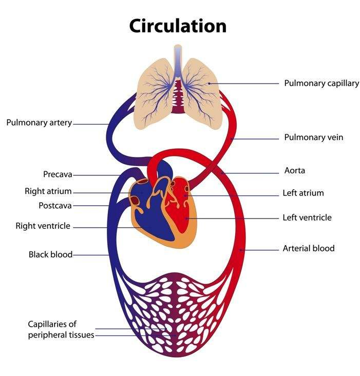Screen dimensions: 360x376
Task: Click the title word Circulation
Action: coord(178,26)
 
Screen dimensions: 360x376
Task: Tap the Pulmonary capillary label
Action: coord(321,84)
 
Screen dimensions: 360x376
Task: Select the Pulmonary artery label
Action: coord(39,123)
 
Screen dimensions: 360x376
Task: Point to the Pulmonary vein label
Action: coord(314,137)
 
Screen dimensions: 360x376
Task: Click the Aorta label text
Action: coord(294,170)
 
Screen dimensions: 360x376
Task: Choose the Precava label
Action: coord(58,174)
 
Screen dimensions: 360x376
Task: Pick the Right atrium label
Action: coord(48,191)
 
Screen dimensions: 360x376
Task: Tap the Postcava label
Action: coord(55,206)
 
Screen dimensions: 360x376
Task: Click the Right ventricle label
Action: coord(43,226)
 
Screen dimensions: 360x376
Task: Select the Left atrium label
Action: coord(303,193)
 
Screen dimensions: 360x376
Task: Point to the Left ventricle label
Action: coord(307,217)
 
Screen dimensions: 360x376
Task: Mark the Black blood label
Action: coord(50,254)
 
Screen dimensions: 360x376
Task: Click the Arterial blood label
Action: coord(309,248)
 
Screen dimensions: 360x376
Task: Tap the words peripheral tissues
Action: coord(61,335)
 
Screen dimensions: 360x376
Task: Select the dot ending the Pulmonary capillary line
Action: coord(210,84)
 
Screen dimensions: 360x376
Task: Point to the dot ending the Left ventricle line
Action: coord(186,219)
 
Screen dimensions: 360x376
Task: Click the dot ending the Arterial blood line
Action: coord(241,250)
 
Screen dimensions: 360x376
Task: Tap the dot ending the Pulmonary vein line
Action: coord(232,138)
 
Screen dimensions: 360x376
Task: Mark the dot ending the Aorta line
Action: coord(222,173)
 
